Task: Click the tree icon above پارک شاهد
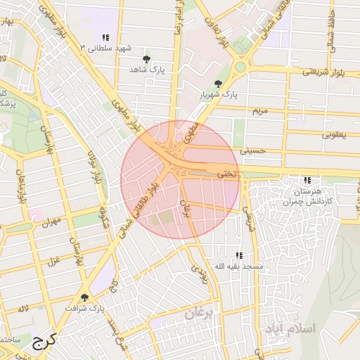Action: click(146, 59)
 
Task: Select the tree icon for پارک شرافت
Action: click(86, 297)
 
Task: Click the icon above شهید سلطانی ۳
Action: click(105, 37)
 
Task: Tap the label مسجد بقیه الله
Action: click(238, 266)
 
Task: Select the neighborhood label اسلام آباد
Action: click(290, 328)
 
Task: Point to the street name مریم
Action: click(261, 111)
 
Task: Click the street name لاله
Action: click(23, 309)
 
